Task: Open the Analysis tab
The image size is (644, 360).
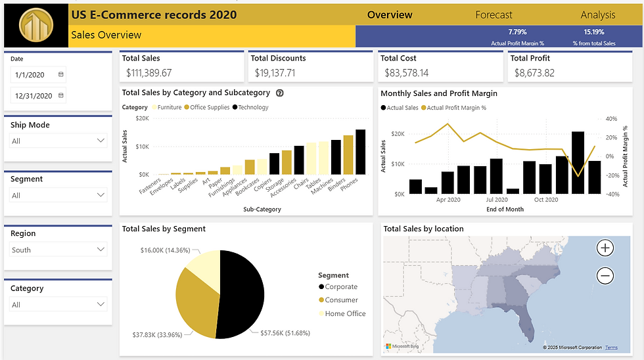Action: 597,14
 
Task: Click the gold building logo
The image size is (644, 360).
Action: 36,26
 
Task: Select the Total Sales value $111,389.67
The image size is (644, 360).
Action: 149,73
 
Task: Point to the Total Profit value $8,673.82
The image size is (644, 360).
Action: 532,73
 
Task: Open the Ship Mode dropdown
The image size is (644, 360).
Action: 58,141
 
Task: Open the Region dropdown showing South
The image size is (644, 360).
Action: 58,250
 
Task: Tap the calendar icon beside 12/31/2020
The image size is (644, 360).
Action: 61,96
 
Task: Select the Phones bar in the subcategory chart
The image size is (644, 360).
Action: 360,152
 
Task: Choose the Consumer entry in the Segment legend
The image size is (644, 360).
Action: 341,300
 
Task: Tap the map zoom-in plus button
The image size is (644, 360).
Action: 605,248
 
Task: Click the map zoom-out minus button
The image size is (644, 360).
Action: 605,276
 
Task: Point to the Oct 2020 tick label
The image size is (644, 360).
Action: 546,200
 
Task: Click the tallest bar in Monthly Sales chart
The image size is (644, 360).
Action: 578,162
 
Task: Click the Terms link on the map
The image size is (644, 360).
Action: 611,348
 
